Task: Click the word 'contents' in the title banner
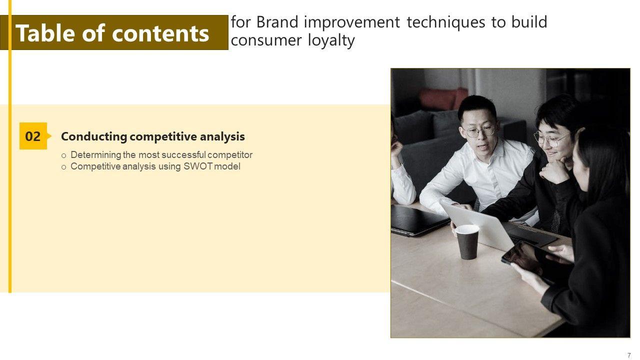[160, 33]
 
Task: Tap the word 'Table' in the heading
[46, 33]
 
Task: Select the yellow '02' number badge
[33, 136]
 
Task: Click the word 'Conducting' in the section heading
[93, 137]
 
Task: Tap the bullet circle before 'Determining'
[63, 156]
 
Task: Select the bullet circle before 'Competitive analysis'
[63, 167]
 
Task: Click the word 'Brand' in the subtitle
[277, 22]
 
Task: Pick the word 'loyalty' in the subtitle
[331, 40]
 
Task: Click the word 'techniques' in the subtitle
[446, 22]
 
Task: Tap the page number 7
[629, 355]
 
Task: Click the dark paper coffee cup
[467, 241]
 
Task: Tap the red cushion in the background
[443, 99]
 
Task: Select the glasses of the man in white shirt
[479, 131]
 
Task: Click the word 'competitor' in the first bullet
[230, 155]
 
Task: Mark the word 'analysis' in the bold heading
[222, 137]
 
